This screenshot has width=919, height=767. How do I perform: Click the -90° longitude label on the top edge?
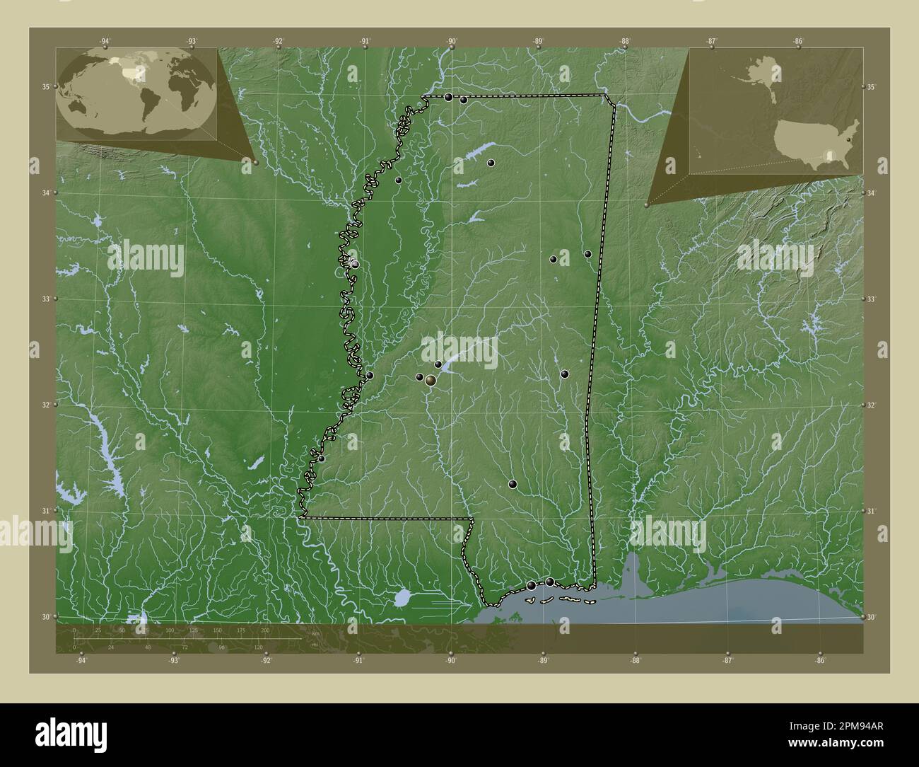click(451, 41)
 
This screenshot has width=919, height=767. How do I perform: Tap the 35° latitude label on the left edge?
click(45, 87)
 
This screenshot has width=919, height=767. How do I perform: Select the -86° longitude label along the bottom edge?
click(819, 661)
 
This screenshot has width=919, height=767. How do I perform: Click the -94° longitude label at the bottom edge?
click(81, 661)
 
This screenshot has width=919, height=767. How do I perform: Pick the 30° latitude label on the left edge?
click(45, 617)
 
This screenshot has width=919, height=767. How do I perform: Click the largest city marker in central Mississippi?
click(430, 381)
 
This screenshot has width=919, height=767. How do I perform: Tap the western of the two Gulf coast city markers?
click(531, 585)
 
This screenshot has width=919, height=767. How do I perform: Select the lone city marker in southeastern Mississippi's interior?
click(513, 485)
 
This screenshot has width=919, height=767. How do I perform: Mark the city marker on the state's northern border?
click(448, 97)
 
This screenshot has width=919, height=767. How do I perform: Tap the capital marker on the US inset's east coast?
click(848, 141)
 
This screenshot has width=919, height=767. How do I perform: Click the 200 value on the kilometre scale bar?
click(264, 630)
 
